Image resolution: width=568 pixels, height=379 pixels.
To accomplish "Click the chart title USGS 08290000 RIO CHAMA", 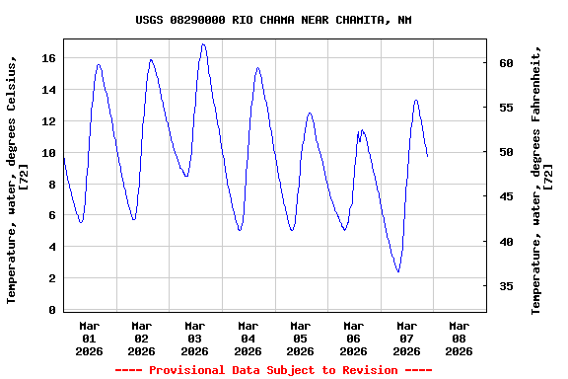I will click(273, 20).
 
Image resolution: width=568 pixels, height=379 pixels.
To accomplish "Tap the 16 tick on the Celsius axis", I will click(47, 58).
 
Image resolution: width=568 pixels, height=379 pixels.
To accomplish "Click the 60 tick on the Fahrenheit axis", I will click(505, 63).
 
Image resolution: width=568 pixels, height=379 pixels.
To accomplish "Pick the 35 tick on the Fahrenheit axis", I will click(505, 286).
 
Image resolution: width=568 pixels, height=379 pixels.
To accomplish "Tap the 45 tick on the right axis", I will click(505, 197).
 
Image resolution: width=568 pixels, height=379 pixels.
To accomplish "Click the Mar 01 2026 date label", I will click(90, 338).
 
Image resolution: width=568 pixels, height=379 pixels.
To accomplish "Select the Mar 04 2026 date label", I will click(248, 338).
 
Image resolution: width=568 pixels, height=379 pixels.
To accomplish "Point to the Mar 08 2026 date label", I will click(459, 338).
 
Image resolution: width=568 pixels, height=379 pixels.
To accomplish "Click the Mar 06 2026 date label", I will click(353, 338).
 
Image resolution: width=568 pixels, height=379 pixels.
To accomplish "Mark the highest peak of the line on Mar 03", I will click(203, 44).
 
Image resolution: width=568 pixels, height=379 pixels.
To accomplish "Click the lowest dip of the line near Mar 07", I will click(397, 271).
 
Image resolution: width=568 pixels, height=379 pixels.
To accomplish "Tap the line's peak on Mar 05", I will click(310, 113).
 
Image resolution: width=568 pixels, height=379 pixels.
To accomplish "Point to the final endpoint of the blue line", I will click(427, 156).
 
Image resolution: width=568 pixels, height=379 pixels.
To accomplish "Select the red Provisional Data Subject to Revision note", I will click(273, 370).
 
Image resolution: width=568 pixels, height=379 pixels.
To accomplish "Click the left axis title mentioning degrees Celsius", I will click(17, 178).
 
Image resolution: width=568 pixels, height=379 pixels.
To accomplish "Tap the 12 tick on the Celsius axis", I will click(47, 121).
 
